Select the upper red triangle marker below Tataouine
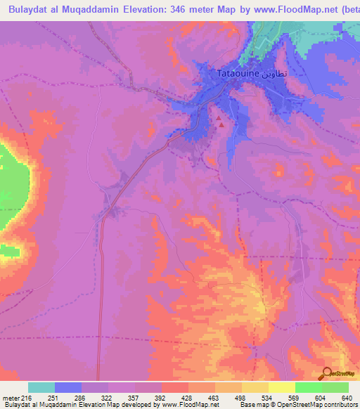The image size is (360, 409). [x=218, y=117]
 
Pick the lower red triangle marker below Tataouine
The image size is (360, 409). [x=222, y=125]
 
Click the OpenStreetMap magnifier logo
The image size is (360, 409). [x=328, y=373]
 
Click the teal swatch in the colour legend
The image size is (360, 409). [x=41, y=387]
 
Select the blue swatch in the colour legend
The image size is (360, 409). [x=68, y=387]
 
